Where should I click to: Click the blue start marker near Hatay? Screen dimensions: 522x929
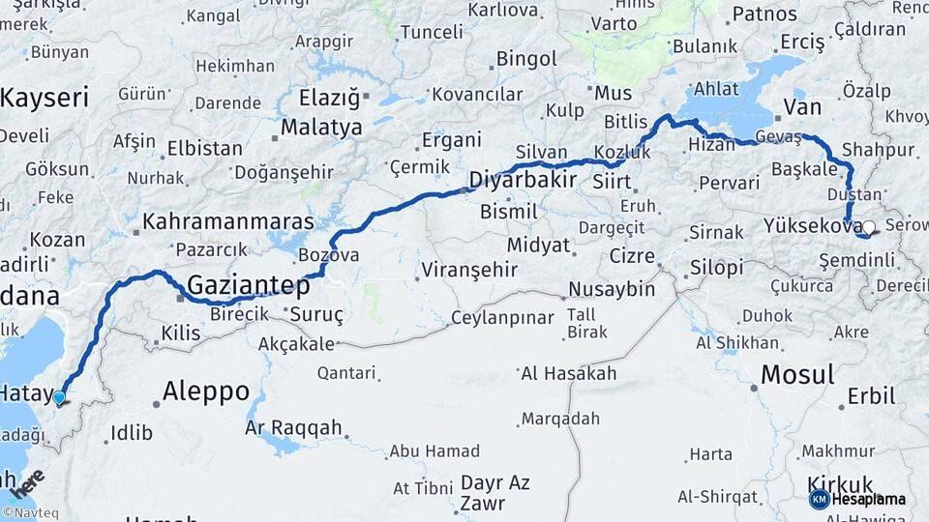pyautogui.click(x=59, y=397)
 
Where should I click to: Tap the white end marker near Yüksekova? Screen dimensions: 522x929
pyautogui.click(x=868, y=228)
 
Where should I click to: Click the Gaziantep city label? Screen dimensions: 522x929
pyautogui.click(x=248, y=286)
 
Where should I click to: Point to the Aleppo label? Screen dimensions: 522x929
pyautogui.click(x=206, y=391)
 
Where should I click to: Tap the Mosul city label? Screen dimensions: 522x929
pyautogui.click(x=796, y=374)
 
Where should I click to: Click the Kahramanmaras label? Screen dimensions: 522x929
pyautogui.click(x=228, y=221)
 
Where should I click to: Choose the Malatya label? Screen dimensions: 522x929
pyautogui.click(x=321, y=127)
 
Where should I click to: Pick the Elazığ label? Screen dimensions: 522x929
pyautogui.click(x=329, y=98)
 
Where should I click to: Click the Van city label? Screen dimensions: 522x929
pyautogui.click(x=801, y=105)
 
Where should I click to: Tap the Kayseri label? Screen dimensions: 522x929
pyautogui.click(x=45, y=98)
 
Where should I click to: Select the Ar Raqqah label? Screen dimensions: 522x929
pyautogui.click(x=293, y=426)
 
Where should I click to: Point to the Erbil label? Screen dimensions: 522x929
pyautogui.click(x=871, y=395)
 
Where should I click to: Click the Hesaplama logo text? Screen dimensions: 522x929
pyautogui.click(x=870, y=499)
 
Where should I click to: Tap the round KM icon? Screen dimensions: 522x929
pyautogui.click(x=819, y=499)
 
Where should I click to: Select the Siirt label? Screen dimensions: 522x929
pyautogui.click(x=611, y=181)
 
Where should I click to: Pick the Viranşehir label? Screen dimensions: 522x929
pyautogui.click(x=470, y=270)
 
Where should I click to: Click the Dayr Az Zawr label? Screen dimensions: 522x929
pyautogui.click(x=495, y=492)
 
